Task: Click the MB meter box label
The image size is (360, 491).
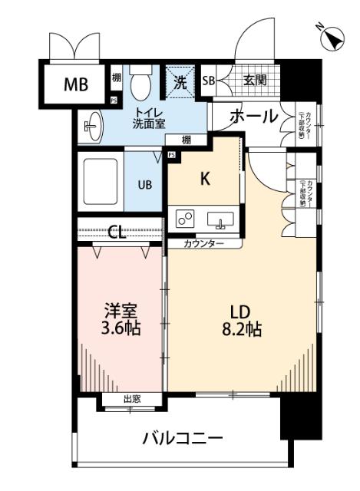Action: tap(75, 84)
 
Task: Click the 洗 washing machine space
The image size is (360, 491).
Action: tap(180, 83)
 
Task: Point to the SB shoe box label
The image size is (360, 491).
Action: tap(208, 80)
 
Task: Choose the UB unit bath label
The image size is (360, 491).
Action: tap(144, 184)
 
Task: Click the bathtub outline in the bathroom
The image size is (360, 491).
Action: tap(100, 183)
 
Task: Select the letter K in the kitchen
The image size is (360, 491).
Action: tap(205, 180)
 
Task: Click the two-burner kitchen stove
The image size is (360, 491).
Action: tap(185, 221)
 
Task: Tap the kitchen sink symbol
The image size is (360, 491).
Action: tap(220, 220)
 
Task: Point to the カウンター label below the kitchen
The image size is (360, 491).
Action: tap(203, 243)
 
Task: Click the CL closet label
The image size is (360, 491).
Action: tap(117, 232)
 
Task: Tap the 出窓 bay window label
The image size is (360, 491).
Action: tap(131, 398)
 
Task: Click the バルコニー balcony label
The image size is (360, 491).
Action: tap(183, 439)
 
